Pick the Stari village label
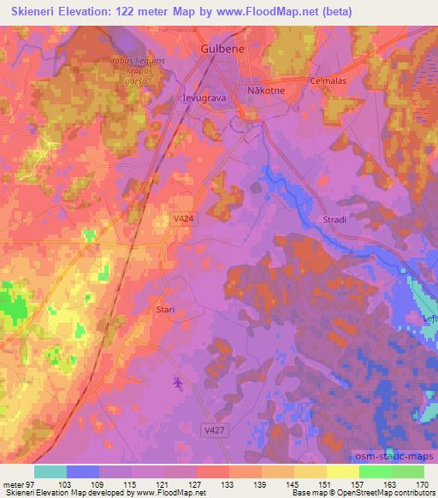(x=166, y=310)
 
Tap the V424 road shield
(x=178, y=219)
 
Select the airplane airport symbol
(x=178, y=382)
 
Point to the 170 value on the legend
(x=422, y=483)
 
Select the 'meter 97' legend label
(x=17, y=483)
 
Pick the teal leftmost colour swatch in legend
(x=50, y=471)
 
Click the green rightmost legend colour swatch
(x=407, y=471)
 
